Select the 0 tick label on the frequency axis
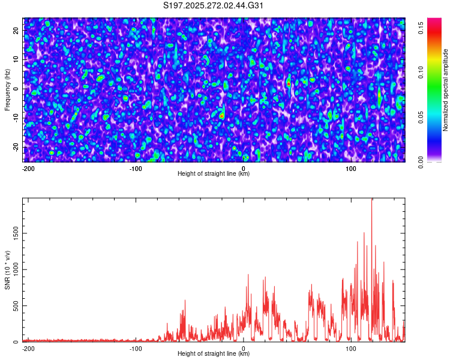tap(17, 88)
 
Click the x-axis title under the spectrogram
tap(214, 174)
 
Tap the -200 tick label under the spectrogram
tap(28, 168)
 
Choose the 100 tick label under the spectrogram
tap(352, 168)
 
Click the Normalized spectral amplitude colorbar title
tap(446, 90)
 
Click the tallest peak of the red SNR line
tap(372, 200)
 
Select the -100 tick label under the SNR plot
tap(136, 348)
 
